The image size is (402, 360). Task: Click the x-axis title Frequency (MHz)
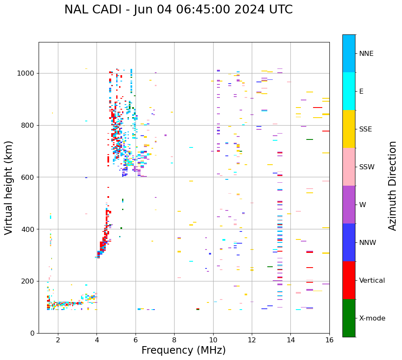(183, 350)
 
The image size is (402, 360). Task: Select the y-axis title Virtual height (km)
(9, 187)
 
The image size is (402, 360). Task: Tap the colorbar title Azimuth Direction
(392, 185)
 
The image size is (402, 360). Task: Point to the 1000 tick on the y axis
(28, 74)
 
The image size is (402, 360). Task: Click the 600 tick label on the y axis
(28, 177)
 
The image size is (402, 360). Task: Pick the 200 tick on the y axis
(28, 281)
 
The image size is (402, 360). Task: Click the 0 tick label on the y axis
(32, 333)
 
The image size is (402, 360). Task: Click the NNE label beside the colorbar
(366, 54)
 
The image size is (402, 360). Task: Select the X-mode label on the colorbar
(372, 318)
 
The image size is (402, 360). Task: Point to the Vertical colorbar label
(372, 281)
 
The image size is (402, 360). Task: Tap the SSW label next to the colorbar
(367, 167)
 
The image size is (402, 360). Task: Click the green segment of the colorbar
(349, 318)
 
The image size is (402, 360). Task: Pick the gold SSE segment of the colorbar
(349, 129)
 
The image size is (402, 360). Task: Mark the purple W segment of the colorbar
(349, 205)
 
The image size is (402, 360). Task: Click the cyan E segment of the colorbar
(349, 91)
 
